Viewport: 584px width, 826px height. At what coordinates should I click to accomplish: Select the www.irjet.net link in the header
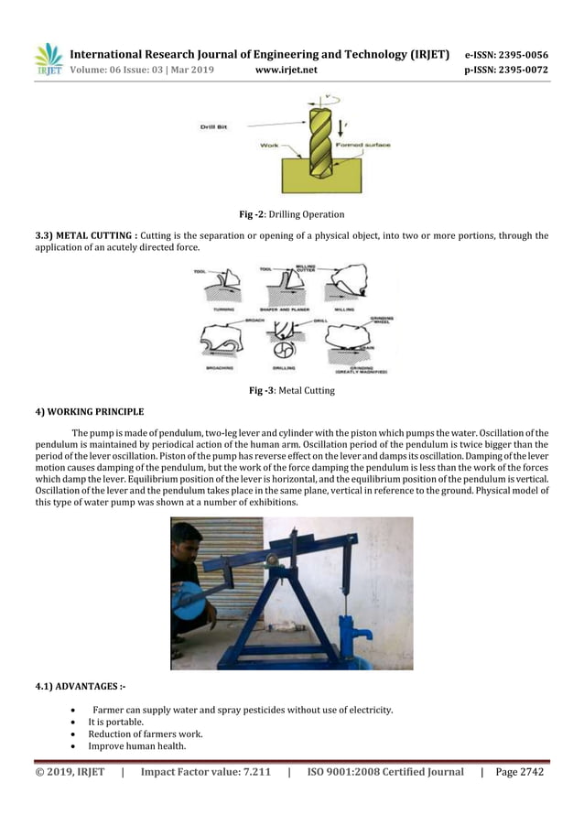coord(285,69)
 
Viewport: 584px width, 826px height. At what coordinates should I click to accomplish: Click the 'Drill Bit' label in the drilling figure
coord(213,126)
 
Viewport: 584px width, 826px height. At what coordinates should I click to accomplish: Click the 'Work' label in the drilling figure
coord(269,145)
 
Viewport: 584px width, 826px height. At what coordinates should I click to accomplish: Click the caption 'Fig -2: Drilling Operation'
coord(291,214)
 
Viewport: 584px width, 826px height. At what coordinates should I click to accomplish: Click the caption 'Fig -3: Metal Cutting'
coord(291,391)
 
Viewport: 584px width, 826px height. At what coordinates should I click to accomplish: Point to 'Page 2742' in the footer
coord(519,772)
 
